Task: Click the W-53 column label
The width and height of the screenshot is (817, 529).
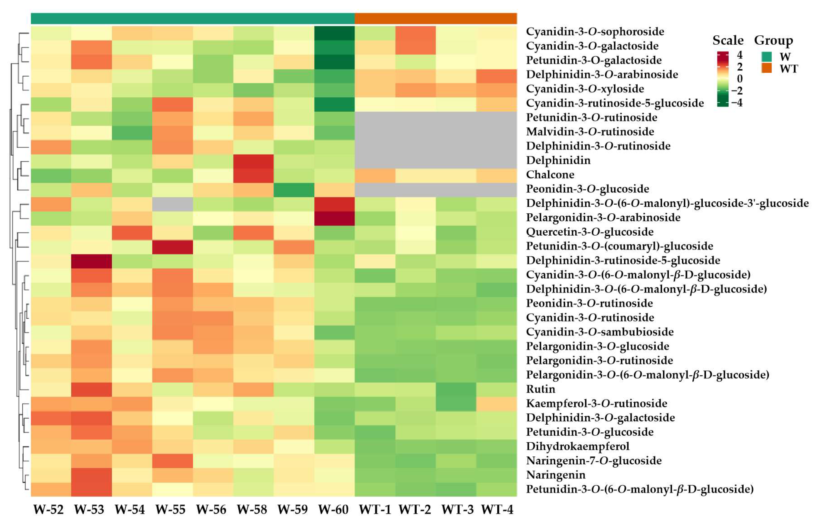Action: [x=89, y=509]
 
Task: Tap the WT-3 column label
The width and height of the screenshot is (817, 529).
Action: [x=457, y=509]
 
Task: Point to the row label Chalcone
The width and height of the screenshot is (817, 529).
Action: [x=550, y=174]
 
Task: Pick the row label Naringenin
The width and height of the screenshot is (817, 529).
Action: [x=555, y=475]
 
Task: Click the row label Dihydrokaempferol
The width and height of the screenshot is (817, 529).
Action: [x=577, y=446]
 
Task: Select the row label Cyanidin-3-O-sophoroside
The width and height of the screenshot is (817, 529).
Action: [x=595, y=31]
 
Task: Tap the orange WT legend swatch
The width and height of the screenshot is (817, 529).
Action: [x=766, y=68]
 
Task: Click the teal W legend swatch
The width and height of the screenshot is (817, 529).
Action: [x=766, y=57]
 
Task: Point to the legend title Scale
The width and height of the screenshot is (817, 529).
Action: [x=728, y=40]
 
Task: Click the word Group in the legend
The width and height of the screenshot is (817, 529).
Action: [x=773, y=40]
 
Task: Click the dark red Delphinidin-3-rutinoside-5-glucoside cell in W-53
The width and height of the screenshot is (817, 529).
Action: [x=92, y=260]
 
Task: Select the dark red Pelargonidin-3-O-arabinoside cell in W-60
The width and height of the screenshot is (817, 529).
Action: [x=334, y=218]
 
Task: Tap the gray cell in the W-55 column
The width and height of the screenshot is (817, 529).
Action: [x=172, y=204]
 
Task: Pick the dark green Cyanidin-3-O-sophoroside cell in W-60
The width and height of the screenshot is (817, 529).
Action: [x=334, y=33]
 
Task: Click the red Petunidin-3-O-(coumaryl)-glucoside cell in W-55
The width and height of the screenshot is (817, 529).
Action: [x=172, y=246]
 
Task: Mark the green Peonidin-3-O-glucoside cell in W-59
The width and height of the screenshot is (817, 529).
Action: [x=294, y=189]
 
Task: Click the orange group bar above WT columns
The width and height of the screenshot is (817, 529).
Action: [x=435, y=19]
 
